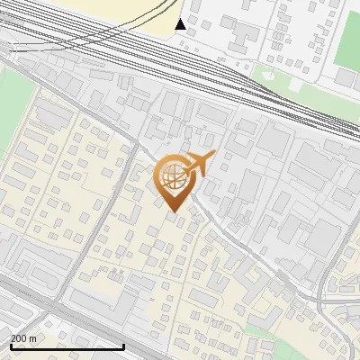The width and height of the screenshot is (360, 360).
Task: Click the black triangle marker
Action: (x=181, y=24)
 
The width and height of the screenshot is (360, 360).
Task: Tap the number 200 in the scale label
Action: (x=19, y=338)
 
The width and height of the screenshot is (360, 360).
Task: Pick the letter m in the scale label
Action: (x=33, y=338)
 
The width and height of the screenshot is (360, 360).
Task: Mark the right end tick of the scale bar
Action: (x=123, y=345)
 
